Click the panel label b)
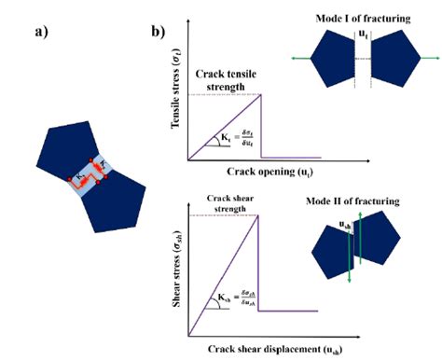[159, 32]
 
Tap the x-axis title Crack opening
[267, 173]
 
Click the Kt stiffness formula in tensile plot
[228, 140]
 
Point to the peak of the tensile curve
[258, 94]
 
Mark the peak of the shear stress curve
[257, 216]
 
